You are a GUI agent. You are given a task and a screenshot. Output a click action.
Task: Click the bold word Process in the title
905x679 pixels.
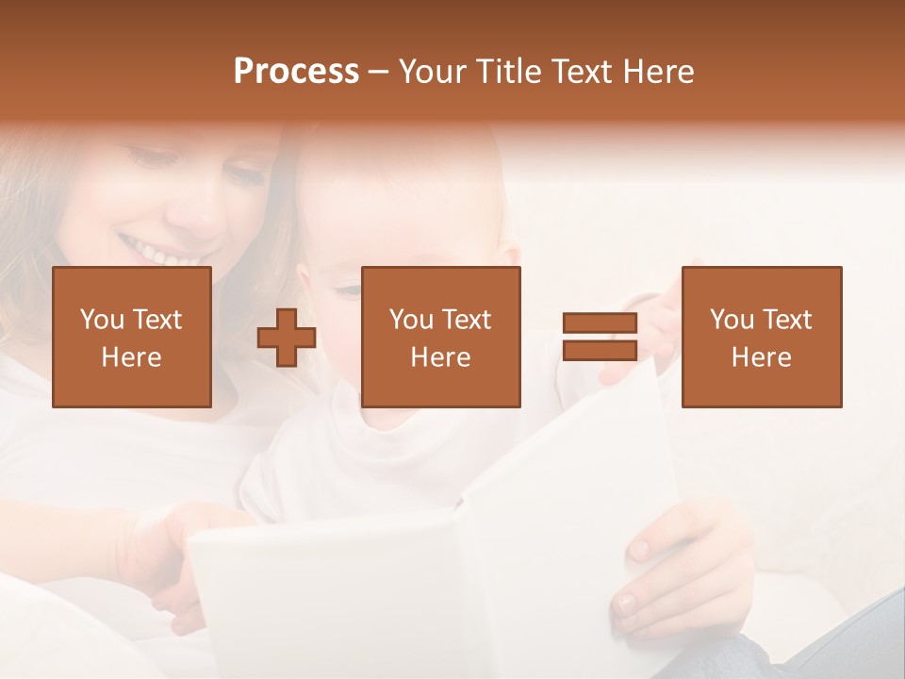click(x=296, y=72)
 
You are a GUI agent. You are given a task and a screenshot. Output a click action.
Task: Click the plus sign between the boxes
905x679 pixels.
click(x=287, y=338)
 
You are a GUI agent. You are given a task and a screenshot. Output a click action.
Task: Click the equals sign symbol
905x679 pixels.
click(x=600, y=337)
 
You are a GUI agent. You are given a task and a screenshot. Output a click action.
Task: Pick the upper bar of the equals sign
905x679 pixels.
click(x=600, y=323)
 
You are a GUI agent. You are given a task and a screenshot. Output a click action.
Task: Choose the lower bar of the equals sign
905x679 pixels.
click(x=600, y=350)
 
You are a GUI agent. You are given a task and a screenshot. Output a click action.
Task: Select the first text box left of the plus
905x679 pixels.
click(x=132, y=337)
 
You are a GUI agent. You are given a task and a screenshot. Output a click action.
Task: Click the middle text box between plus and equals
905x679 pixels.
click(x=440, y=337)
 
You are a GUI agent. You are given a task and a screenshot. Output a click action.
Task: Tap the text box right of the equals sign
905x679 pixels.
click(x=761, y=337)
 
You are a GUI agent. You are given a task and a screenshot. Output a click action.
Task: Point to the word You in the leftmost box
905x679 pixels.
click(x=100, y=320)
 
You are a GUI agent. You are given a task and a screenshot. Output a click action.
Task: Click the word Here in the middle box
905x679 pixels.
click(x=440, y=357)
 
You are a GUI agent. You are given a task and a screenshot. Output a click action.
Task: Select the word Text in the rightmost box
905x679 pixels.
click(x=785, y=320)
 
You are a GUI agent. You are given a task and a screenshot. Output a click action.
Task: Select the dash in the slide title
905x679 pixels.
click(x=378, y=72)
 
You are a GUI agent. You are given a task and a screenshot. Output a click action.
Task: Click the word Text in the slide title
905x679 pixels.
click(x=578, y=72)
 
